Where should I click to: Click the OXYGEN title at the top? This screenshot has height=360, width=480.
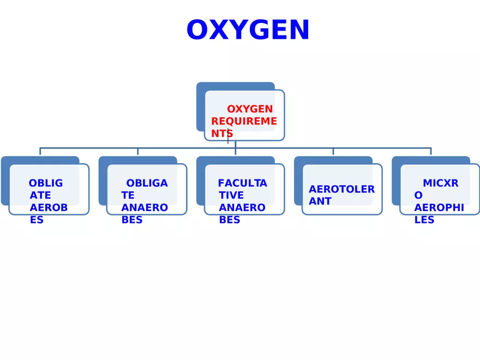[248, 31]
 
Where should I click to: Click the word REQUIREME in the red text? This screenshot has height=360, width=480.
[244, 121]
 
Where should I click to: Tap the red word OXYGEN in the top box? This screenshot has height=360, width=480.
[250, 109]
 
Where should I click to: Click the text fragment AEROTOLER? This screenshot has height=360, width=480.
[341, 189]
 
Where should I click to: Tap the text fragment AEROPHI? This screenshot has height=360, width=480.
[439, 208]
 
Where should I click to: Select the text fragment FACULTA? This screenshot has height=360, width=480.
[242, 183]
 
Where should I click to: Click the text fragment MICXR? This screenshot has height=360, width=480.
[441, 183]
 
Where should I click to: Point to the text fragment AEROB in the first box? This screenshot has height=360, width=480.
[49, 208]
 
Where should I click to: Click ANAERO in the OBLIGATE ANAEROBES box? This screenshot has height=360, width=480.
[145, 208]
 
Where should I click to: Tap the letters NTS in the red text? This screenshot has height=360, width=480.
[222, 134]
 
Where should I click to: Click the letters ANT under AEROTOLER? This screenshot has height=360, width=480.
[320, 201]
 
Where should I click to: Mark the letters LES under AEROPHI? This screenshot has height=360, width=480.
[424, 220]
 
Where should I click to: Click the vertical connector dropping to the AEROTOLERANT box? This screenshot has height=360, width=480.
[333, 152]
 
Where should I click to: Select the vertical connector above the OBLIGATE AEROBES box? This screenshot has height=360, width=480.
[40, 152]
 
